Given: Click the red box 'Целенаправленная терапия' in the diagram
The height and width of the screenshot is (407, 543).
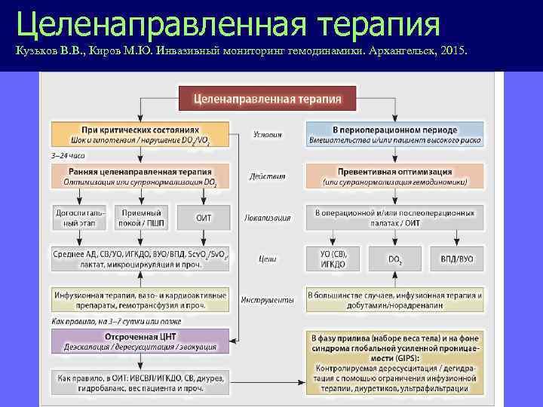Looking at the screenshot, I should pyautogui.click(x=267, y=98).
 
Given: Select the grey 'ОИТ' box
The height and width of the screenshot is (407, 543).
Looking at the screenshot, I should pyautogui.click(x=204, y=217).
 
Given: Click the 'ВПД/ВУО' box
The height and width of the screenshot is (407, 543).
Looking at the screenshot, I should pyautogui.click(x=457, y=259).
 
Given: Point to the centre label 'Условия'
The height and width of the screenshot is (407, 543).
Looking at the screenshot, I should pyautogui.click(x=267, y=135).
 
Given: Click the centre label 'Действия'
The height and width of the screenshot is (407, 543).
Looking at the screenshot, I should pyautogui.click(x=267, y=176).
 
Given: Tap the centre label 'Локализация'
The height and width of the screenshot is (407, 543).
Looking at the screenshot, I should pyautogui.click(x=267, y=218).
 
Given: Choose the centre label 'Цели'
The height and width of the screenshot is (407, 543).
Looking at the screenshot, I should pyautogui.click(x=267, y=259).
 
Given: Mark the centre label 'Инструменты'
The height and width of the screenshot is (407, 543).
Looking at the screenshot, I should pyautogui.click(x=267, y=299).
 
